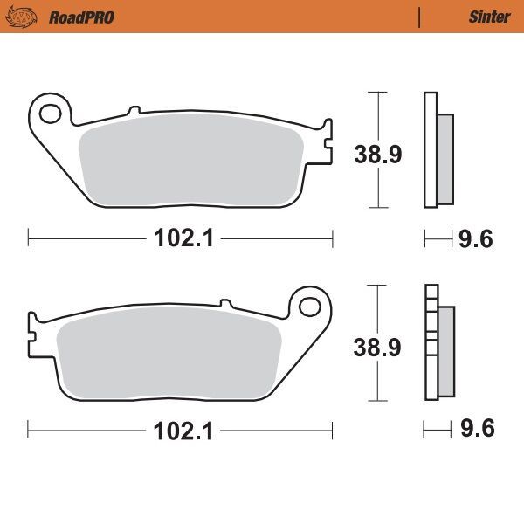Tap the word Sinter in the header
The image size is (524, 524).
[488, 17]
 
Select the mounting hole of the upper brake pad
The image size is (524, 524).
[52, 113]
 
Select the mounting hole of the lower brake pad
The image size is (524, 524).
[309, 307]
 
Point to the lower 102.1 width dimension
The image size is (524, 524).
[181, 430]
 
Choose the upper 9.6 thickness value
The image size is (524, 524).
[477, 238]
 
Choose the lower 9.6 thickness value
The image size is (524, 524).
[477, 430]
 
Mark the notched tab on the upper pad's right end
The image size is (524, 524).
[327, 140]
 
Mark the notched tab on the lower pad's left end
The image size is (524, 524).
[33, 333]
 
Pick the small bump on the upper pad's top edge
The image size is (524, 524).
[134, 110]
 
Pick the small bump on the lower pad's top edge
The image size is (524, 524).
[226, 303]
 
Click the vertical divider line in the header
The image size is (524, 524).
[420, 17]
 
